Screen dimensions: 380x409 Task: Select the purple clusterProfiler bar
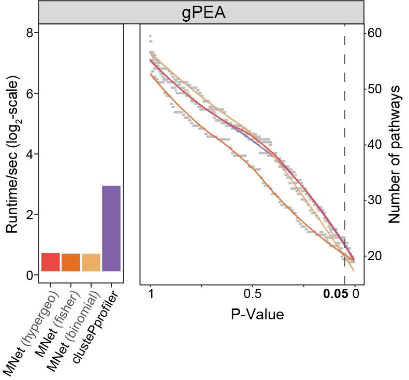coord(111,228)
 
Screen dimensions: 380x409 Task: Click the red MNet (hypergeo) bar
coord(50,262)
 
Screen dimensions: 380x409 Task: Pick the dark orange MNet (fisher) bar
coord(71,262)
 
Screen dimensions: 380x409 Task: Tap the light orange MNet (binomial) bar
coord(91,262)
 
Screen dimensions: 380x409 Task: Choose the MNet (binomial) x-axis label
coord(71,330)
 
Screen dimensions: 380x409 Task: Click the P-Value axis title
coord(252,314)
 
